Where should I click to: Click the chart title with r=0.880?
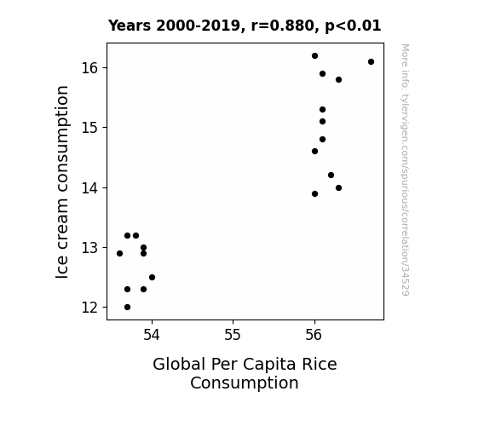pyautogui.click(x=245, y=26)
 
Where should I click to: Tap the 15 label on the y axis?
pyautogui.click(x=90, y=128)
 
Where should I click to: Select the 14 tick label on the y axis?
pyautogui.click(x=90, y=187)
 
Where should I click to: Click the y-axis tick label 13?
pyautogui.click(x=90, y=248)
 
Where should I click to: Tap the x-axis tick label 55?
pyautogui.click(x=233, y=335)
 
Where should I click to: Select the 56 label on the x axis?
pyautogui.click(x=314, y=335)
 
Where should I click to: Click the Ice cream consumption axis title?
pyautogui.click(x=62, y=181)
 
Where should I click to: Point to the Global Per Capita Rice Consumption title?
pyautogui.click(x=245, y=373)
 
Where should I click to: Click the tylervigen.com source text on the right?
pyautogui.click(x=405, y=170)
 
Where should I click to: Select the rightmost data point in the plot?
pyautogui.click(x=371, y=62)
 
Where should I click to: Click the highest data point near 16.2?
pyautogui.click(x=314, y=56)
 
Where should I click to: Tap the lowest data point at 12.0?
pyautogui.click(x=127, y=308)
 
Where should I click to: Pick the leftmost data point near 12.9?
pyautogui.click(x=119, y=254)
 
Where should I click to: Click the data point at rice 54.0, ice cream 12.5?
pyautogui.click(x=152, y=277)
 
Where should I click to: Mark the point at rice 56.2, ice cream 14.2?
pyautogui.click(x=331, y=176)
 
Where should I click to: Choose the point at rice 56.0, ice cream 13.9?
pyautogui.click(x=314, y=193)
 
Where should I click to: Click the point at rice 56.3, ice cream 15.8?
pyautogui.click(x=338, y=80)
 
